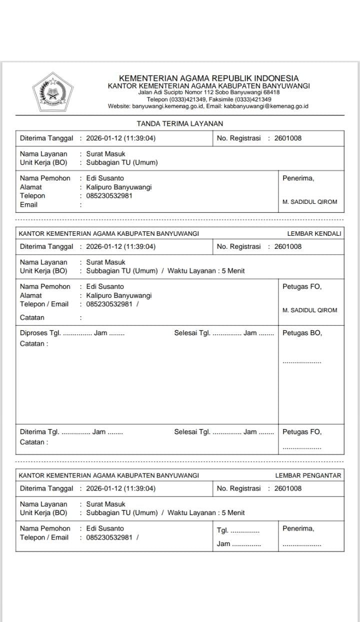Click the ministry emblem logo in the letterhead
(x=52, y=92)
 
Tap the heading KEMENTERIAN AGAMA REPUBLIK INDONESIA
(x=208, y=78)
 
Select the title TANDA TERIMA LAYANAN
(x=180, y=123)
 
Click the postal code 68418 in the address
(x=271, y=92)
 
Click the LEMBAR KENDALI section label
(x=314, y=233)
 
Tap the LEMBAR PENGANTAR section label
(x=308, y=475)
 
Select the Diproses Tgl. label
(x=40, y=333)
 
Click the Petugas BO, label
(x=302, y=333)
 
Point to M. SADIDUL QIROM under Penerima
(x=310, y=202)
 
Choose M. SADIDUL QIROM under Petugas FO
(x=310, y=310)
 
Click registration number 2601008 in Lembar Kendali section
(x=288, y=246)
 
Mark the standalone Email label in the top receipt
(x=28, y=205)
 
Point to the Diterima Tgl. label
(x=39, y=432)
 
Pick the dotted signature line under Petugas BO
(x=302, y=362)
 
